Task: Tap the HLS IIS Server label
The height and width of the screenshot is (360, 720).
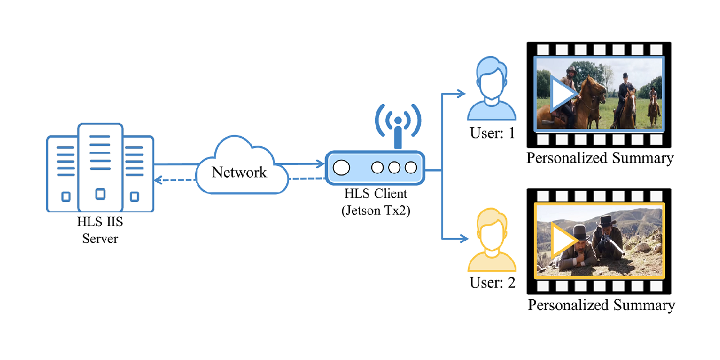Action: coord(100,230)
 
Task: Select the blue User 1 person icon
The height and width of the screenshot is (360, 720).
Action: coord(492,90)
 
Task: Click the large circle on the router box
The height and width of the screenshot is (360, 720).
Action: coord(341,168)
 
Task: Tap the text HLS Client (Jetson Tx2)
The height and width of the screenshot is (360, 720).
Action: coord(376,202)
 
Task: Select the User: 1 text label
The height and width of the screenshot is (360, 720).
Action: coord(492,134)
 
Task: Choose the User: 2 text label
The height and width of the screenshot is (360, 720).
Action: coord(492,282)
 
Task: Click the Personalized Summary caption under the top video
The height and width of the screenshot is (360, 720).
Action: coord(600,158)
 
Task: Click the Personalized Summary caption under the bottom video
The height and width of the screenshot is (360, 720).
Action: coord(601,305)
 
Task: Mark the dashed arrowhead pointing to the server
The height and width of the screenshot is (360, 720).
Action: coord(159,180)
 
